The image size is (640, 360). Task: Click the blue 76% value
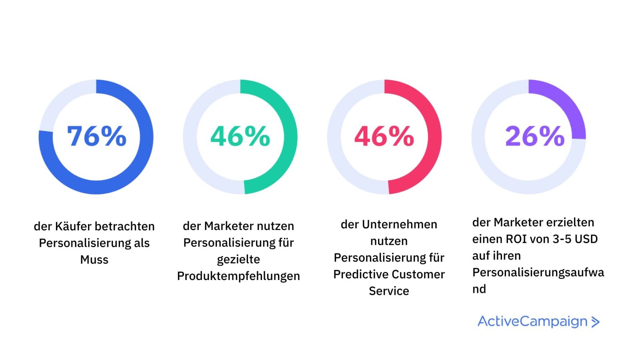coord(96,136)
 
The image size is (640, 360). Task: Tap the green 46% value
coord(240,136)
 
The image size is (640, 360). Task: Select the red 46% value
coord(384,136)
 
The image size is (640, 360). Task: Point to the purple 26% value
coord(534,136)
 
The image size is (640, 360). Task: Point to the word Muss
coord(94,260)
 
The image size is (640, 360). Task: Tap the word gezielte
coord(238,260)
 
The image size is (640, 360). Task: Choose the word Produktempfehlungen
coord(238,276)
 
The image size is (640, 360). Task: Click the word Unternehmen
coord(399,224)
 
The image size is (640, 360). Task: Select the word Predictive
coord(358,274)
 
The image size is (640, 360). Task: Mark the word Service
coord(389,291)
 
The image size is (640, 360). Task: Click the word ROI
coord(517,239)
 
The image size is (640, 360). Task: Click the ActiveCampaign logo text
coord(532,321)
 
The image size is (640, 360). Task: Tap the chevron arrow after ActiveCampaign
coord(595,322)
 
